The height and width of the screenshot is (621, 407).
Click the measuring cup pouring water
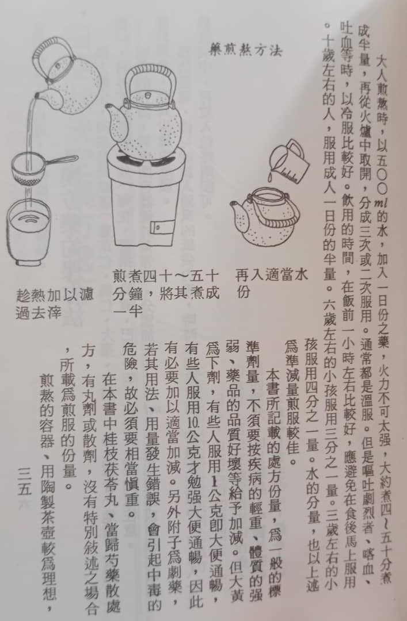point(288,161)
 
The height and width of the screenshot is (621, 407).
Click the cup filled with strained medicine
point(29,232)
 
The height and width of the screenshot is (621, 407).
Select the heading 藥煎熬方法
point(245,51)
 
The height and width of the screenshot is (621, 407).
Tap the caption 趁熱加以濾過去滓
point(55,304)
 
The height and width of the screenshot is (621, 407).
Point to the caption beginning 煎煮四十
point(166,293)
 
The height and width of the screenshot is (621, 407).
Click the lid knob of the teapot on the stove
point(147,95)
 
